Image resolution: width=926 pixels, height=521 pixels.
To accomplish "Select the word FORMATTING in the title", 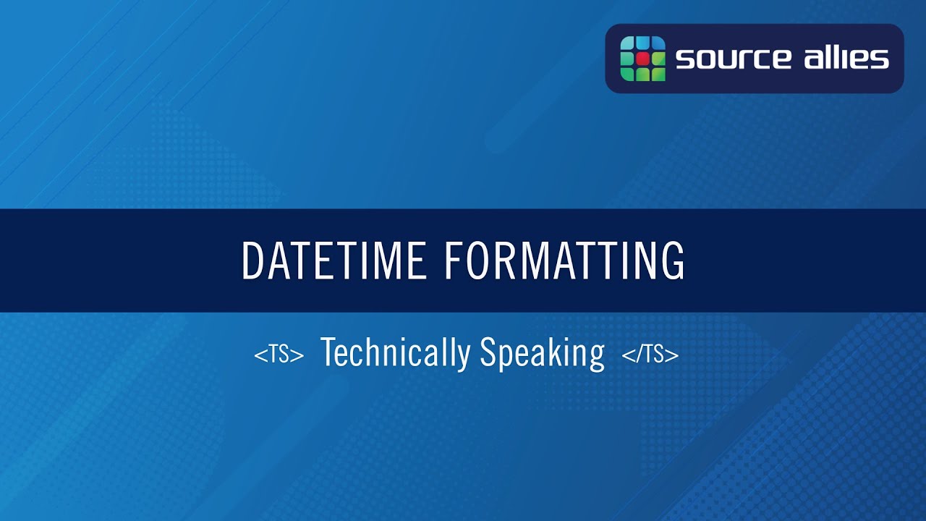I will pos(564,260).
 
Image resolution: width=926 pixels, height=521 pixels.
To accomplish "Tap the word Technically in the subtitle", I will pos(395,353).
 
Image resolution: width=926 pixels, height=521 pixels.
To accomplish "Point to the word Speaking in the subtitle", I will pos(542,354).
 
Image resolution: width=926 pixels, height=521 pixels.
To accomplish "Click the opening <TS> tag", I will pos(279,355).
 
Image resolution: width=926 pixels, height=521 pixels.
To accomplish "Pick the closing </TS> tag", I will pos(650,355).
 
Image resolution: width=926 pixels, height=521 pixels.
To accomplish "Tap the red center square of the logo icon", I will pos(642,58).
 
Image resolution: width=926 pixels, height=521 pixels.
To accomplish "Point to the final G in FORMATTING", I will pos(672,260).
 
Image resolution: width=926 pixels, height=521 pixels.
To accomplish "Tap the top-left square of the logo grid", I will pos(627,43).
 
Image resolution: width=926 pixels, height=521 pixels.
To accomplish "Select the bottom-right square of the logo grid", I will pos(658,73).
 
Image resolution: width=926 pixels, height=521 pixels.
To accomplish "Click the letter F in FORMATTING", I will pos(451,260).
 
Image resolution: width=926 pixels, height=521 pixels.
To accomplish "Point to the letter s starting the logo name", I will pos(684,59).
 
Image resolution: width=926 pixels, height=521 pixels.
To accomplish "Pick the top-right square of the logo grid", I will pos(658,43).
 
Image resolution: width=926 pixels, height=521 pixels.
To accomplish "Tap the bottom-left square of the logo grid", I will pos(627,73).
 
